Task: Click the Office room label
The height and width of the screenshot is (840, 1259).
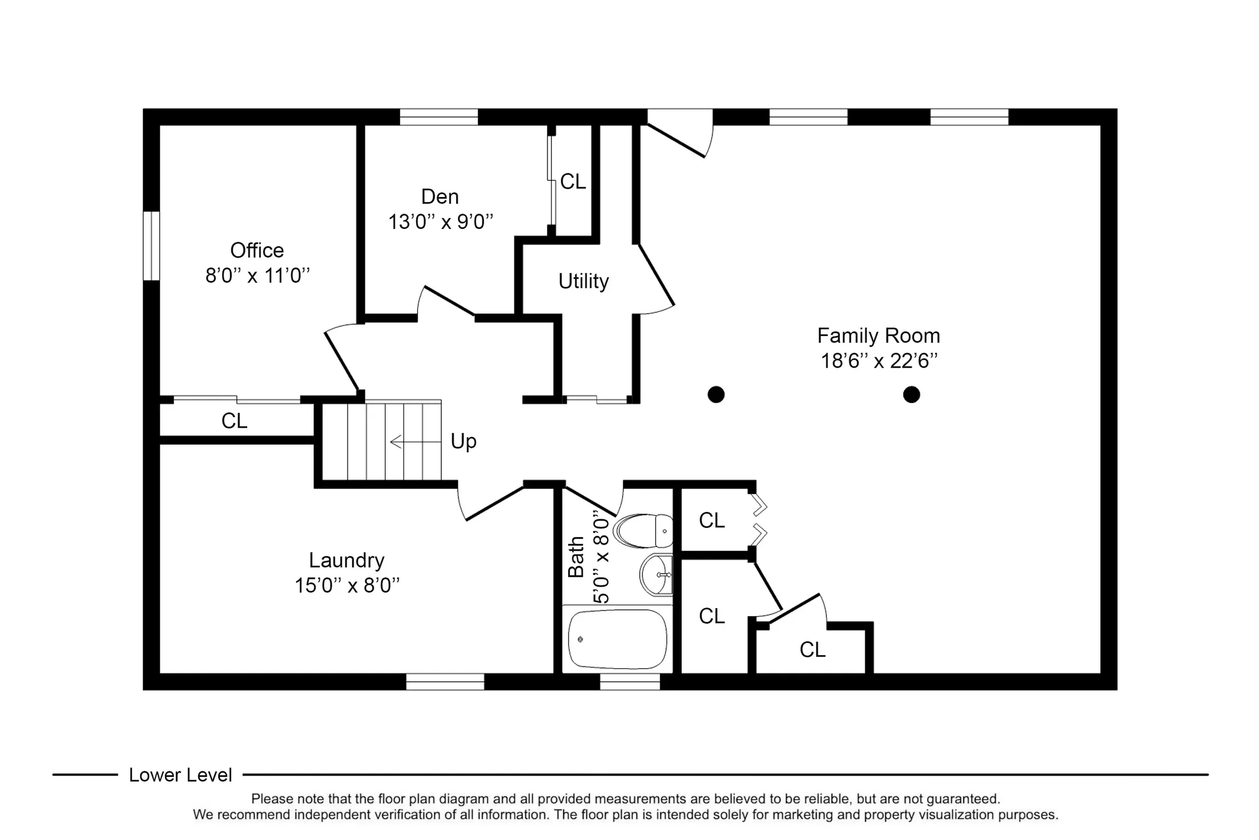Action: click(x=257, y=250)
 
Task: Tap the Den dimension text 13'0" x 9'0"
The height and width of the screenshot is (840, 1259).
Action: click(x=441, y=222)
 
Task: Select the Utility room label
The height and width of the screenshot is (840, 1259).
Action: click(x=583, y=281)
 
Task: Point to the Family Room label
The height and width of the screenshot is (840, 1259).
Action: click(x=878, y=336)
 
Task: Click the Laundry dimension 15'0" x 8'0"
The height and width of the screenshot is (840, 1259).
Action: click(x=347, y=585)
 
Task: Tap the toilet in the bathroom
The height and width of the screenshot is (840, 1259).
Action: click(x=643, y=531)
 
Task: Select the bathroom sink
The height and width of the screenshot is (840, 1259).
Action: click(x=656, y=574)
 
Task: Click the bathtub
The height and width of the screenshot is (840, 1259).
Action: click(x=617, y=639)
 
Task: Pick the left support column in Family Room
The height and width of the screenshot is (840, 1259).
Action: click(x=716, y=395)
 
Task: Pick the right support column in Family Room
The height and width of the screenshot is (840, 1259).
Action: click(x=912, y=395)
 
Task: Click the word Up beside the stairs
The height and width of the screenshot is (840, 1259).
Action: click(x=464, y=441)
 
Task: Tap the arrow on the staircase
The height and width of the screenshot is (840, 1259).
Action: click(x=415, y=442)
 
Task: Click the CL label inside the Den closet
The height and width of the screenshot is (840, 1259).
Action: click(x=573, y=182)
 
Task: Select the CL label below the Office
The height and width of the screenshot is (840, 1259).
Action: click(x=234, y=421)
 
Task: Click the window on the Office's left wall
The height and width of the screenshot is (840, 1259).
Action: click(x=151, y=246)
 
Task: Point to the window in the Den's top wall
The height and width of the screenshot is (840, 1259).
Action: click(x=439, y=117)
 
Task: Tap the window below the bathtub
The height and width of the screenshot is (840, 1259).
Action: click(x=629, y=681)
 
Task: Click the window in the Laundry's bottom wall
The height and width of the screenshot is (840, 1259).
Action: click(x=445, y=681)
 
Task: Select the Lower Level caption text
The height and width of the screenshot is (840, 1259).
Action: click(x=180, y=775)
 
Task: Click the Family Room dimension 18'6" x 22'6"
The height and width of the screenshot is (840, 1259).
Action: click(x=880, y=361)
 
